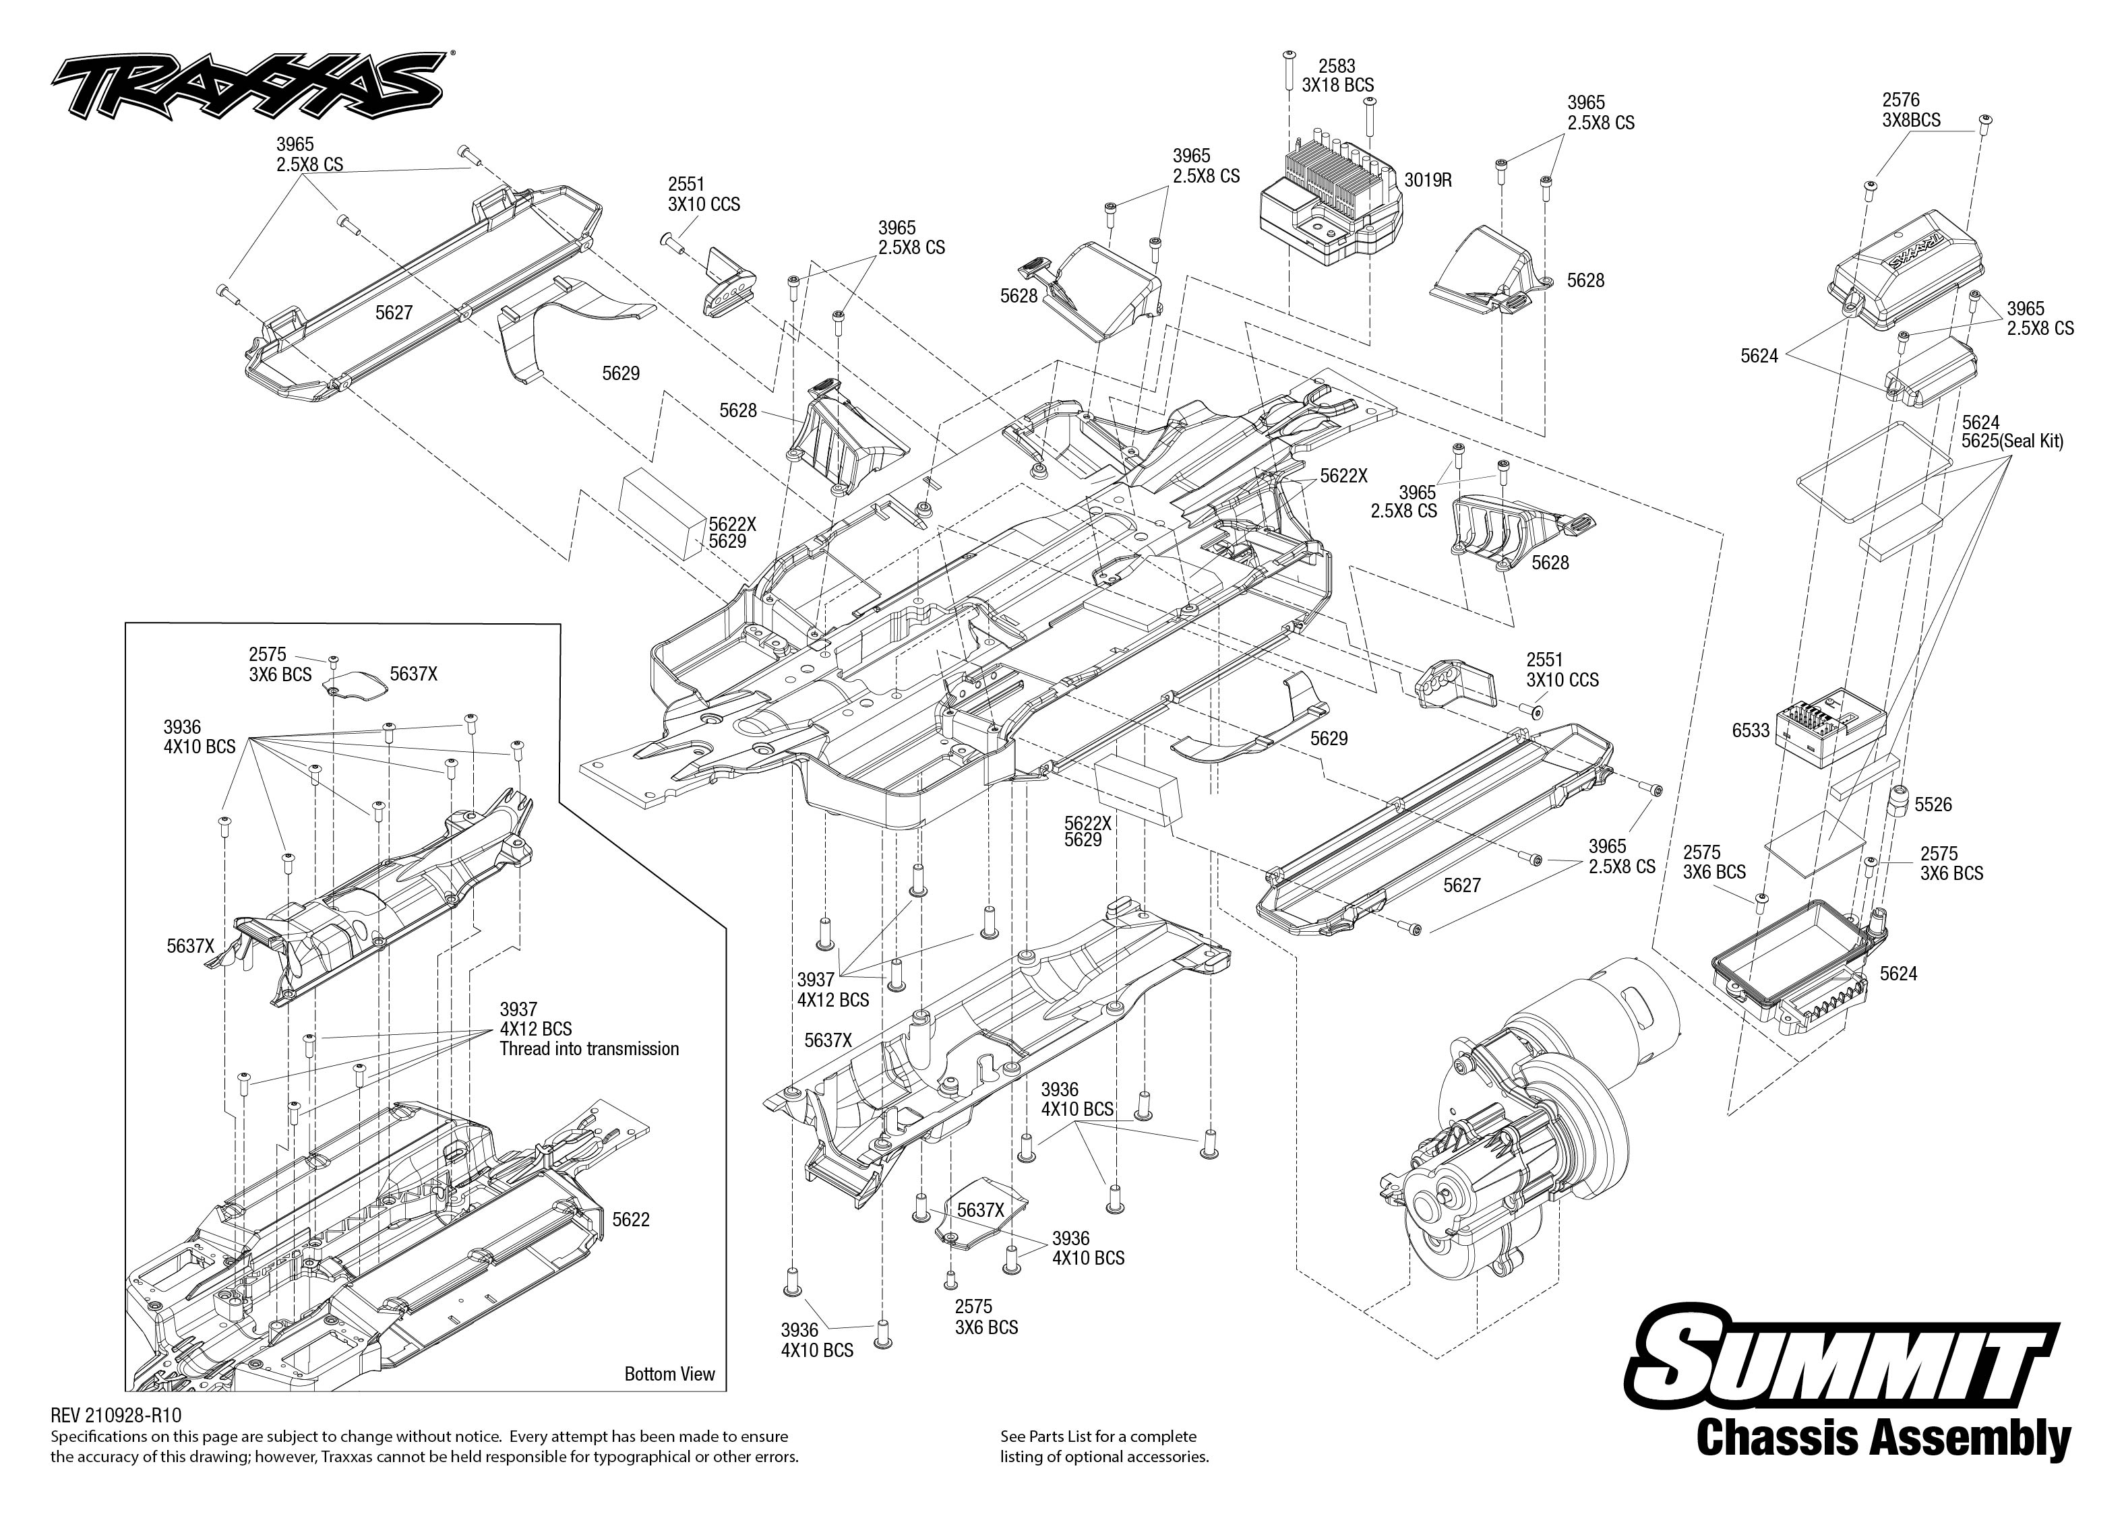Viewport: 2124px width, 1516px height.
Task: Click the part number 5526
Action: click(1933, 804)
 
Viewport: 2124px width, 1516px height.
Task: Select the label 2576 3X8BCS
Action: click(1911, 110)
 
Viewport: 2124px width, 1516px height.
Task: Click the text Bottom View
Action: click(669, 1374)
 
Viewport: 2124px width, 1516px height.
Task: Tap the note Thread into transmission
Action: click(589, 1049)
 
